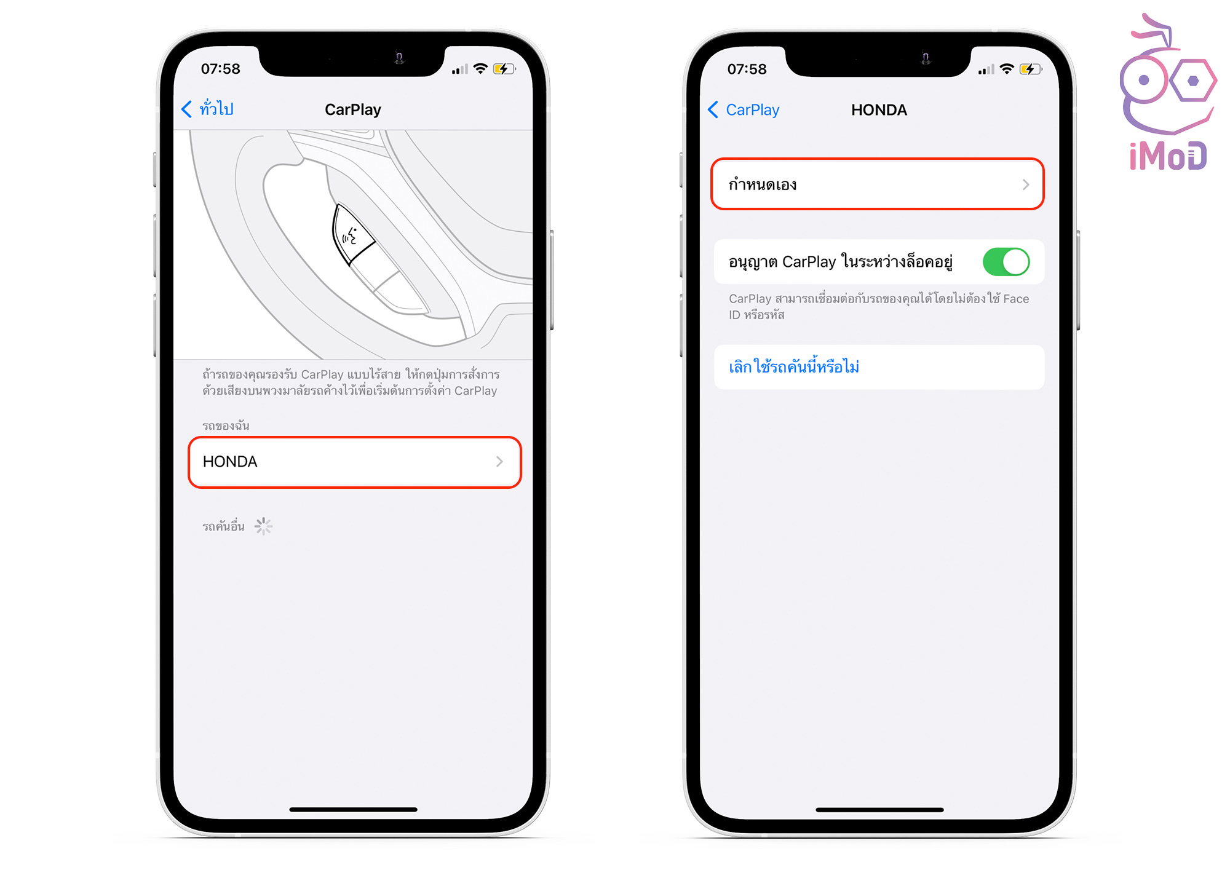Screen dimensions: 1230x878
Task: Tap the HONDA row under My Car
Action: pyautogui.click(x=354, y=462)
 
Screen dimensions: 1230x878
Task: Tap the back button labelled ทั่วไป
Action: pyautogui.click(x=208, y=109)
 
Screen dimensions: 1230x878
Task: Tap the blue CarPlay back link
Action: pyautogui.click(x=744, y=110)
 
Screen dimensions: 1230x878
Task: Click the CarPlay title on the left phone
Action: pyautogui.click(x=353, y=109)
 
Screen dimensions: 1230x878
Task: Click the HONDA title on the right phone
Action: pyautogui.click(x=879, y=110)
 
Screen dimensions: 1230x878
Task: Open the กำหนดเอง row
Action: pyautogui.click(x=877, y=184)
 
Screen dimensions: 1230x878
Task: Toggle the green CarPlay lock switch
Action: pyautogui.click(x=1006, y=262)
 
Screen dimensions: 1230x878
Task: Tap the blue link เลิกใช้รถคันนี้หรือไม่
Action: pyautogui.click(x=793, y=367)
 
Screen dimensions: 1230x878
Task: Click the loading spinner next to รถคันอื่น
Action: pyautogui.click(x=263, y=526)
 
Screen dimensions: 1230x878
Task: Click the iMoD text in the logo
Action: pyautogui.click(x=1168, y=156)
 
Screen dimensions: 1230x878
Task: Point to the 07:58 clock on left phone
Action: pyautogui.click(x=220, y=69)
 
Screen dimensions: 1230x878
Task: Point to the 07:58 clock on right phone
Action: pyautogui.click(x=747, y=69)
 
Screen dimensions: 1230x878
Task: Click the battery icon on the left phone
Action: pyautogui.click(x=504, y=69)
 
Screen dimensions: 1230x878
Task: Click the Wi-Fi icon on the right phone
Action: pyautogui.click(x=1007, y=69)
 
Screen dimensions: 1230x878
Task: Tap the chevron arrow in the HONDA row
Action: pyautogui.click(x=499, y=462)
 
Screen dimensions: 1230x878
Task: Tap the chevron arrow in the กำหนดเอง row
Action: pyautogui.click(x=1025, y=184)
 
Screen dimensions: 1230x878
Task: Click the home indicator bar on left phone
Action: pyautogui.click(x=353, y=810)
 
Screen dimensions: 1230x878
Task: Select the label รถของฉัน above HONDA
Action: pyautogui.click(x=226, y=425)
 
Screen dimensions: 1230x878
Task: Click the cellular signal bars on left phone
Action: pyautogui.click(x=460, y=69)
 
